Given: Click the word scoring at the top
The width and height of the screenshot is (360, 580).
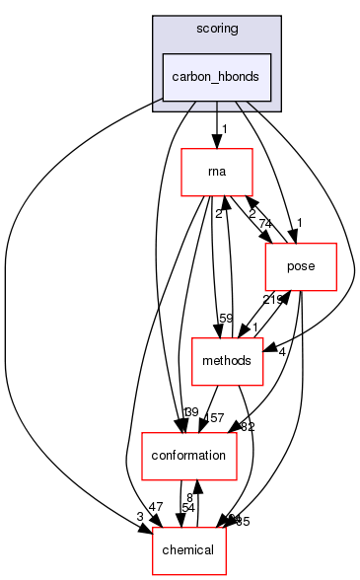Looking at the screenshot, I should tap(216, 29).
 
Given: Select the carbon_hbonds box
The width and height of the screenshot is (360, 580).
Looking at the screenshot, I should tap(216, 76).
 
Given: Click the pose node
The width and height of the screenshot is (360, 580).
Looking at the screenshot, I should tap(302, 265).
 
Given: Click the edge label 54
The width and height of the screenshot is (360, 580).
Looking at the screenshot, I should tap(186, 507).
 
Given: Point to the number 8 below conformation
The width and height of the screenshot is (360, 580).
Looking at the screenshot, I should tap(189, 495).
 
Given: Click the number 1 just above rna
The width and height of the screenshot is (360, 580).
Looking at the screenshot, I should tap(224, 129).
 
